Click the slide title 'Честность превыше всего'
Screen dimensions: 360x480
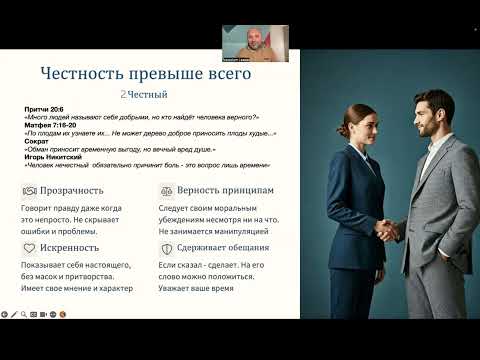coord(146,74)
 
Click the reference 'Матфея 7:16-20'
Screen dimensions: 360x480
coord(43,126)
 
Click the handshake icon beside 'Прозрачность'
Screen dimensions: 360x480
coord(28,189)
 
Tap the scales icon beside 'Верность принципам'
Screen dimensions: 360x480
coord(166,189)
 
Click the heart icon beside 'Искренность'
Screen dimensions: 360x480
coord(28,246)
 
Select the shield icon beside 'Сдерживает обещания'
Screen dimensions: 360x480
coord(166,246)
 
